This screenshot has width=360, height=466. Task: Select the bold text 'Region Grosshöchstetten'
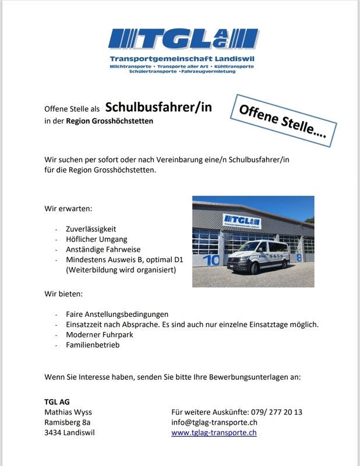tap(110, 121)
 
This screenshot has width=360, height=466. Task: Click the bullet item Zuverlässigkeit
tap(91, 229)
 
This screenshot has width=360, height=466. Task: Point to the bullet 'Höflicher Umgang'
tap(96, 239)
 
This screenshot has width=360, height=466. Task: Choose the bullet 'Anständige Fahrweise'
tap(103, 249)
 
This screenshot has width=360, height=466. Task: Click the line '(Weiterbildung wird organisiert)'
tap(120, 270)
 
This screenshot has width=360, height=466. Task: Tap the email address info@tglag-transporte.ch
tap(214, 422)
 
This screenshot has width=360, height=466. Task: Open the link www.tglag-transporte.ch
tap(214, 433)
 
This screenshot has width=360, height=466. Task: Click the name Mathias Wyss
tap(68, 412)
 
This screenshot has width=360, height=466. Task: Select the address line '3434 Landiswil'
tap(69, 433)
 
